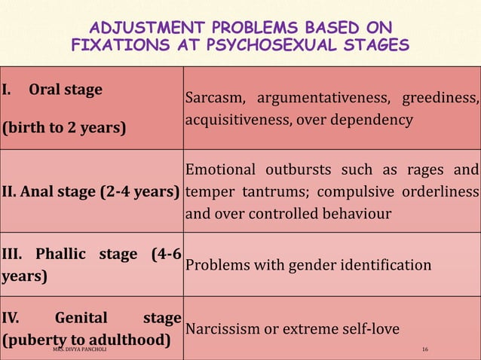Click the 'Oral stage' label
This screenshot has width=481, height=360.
(x=65, y=90)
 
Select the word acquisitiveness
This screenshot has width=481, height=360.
(x=231, y=120)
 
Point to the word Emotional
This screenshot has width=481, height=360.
(x=223, y=169)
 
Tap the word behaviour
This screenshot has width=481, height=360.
(x=351, y=213)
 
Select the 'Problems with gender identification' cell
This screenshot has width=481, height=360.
(x=308, y=265)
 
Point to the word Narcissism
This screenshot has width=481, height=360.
(x=223, y=329)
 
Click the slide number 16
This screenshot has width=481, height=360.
(x=425, y=350)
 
